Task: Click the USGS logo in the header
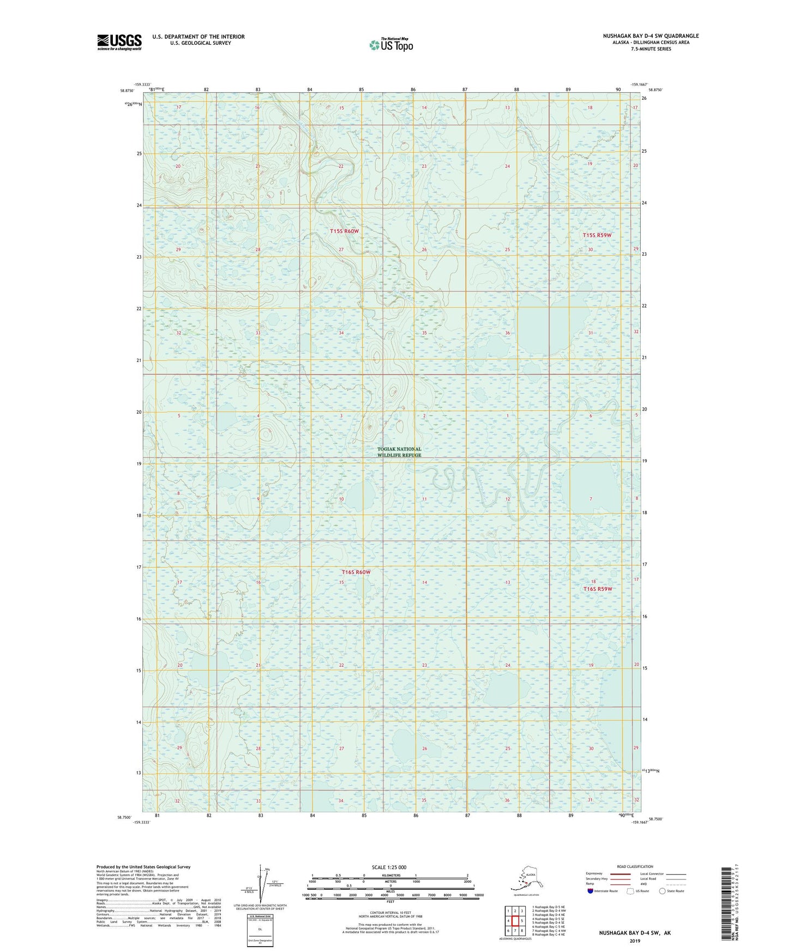tap(119, 42)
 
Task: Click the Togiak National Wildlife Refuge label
tap(399, 452)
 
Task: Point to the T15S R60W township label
tap(345, 231)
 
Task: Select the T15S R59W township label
tap(597, 235)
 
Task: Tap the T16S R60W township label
tap(356, 572)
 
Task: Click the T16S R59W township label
tap(598, 589)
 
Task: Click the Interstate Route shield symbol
tap(590, 891)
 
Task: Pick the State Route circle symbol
tap(663, 891)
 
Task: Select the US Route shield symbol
tap(631, 891)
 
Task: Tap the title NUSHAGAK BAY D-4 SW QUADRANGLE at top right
tap(650, 36)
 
